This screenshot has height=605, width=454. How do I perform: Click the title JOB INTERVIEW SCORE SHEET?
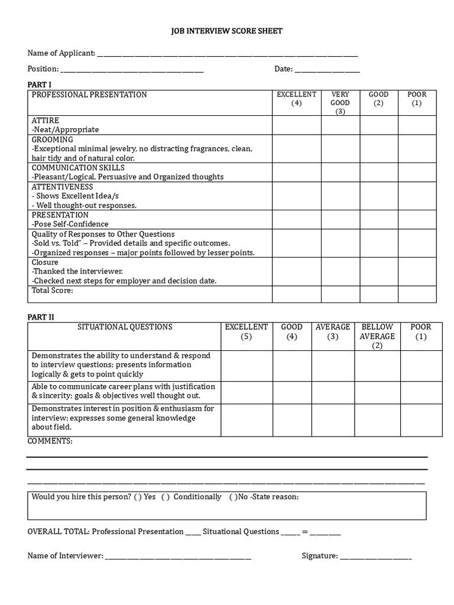point(227,31)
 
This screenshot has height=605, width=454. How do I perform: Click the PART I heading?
point(40,84)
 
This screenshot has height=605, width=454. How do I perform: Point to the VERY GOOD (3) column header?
point(340,103)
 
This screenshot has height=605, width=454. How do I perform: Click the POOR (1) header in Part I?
point(417,99)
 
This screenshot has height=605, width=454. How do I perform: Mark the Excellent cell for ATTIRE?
point(297,125)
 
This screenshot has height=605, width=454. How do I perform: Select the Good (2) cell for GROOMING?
point(379,149)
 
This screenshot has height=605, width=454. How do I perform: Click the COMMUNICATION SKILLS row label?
point(78,168)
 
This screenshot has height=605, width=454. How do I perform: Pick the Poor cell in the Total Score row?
point(417,294)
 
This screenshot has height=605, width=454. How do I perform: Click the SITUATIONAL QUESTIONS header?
point(125,327)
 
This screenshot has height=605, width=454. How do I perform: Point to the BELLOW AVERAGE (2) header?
point(377,336)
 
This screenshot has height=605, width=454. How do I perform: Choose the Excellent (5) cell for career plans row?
point(247,392)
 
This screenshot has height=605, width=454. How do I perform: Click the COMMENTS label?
point(50,441)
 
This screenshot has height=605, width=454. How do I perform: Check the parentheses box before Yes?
point(138,497)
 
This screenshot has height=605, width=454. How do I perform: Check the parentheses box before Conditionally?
point(165,497)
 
